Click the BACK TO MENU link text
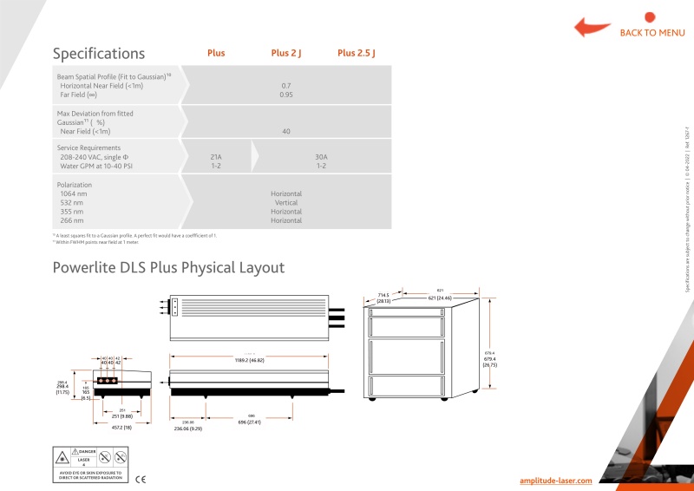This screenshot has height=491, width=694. point(652,33)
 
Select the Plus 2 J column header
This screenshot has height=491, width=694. point(286,54)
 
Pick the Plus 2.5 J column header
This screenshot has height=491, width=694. point(356,54)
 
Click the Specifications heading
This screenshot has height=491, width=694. point(99,54)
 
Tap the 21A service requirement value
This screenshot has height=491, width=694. point(216,157)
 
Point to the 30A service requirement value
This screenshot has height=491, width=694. point(321,157)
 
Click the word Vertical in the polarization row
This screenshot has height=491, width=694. point(286,202)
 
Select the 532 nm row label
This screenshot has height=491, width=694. point(72,202)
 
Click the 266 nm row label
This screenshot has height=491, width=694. point(72,220)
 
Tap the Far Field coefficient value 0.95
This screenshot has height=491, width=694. point(286,95)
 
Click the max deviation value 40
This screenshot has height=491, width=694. point(286,131)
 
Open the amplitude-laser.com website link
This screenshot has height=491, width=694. point(556,480)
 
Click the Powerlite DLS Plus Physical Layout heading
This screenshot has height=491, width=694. point(168,267)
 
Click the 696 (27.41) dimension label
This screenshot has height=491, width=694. point(251,422)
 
